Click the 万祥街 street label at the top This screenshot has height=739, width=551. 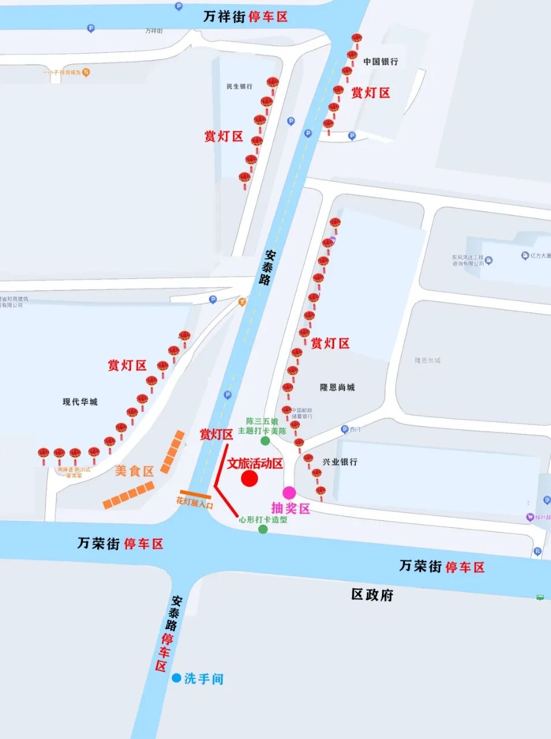tap(224, 17)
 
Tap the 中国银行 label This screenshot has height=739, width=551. tap(380, 61)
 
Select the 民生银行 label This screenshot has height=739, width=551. tap(239, 86)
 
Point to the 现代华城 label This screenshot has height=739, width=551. tap(80, 402)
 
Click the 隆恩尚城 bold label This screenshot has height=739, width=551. tap(338, 387)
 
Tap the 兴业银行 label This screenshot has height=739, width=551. tap(340, 462)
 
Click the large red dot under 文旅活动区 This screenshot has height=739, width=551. tap(249, 478)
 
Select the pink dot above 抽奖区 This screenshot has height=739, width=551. tap(289, 492)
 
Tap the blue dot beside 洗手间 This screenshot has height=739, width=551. tap(177, 678)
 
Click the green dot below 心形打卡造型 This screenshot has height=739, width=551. tap(263, 529)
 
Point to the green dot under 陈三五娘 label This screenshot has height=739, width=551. tap(265, 441)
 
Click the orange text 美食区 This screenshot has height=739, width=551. tap(134, 471)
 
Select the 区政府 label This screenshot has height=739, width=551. tap(372, 595)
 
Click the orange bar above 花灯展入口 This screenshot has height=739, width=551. tap(195, 494)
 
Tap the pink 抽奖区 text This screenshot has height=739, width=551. tap(291, 508)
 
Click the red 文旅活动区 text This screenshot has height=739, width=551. tap(255, 464)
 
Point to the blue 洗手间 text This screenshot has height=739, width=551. tap(204, 678)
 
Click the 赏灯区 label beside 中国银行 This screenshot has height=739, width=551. tap(371, 92)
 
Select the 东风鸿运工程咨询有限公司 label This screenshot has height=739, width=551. tap(468, 260)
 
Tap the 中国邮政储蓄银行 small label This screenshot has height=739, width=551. tap(302, 413)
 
